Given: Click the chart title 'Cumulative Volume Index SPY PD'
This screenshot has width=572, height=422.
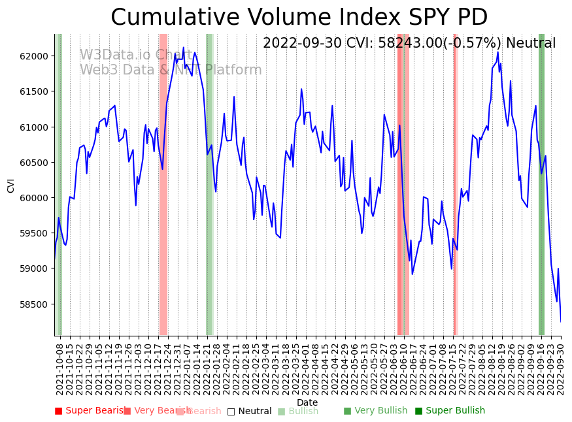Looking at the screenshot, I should point(299,18).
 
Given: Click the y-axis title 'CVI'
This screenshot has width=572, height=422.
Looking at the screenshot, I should point(10,185).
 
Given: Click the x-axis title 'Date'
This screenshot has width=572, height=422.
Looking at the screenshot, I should point(307,403).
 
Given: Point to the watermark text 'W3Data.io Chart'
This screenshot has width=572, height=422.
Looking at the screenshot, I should point(136,55).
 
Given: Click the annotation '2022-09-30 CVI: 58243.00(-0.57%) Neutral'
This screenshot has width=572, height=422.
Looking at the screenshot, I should point(409,43).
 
